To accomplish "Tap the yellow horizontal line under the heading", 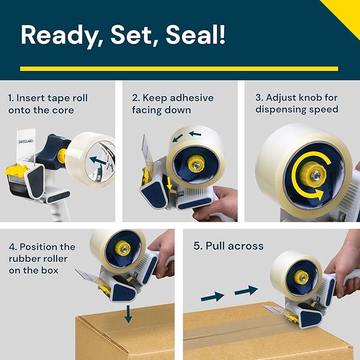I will coord(179,68).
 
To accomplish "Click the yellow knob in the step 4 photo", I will coord(122,248).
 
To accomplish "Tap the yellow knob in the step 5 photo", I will coord(301,276).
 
